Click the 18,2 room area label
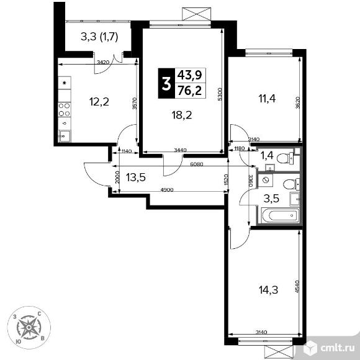click(x=182, y=115)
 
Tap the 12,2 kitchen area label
click(x=99, y=101)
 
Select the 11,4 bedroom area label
click(x=267, y=99)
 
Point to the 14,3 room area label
click(x=268, y=290)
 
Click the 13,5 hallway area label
click(x=136, y=178)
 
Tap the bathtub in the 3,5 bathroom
click(x=281, y=215)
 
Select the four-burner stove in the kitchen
click(x=65, y=109)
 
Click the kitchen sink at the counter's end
click(x=65, y=136)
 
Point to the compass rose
click(x=29, y=327)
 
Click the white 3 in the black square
click(x=166, y=84)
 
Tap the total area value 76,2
click(x=190, y=91)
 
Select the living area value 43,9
click(x=190, y=75)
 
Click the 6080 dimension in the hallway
click(x=197, y=164)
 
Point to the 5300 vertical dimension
click(x=220, y=94)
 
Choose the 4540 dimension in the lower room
click(x=297, y=286)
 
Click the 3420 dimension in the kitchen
click(x=102, y=62)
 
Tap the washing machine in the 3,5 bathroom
click(x=266, y=180)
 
